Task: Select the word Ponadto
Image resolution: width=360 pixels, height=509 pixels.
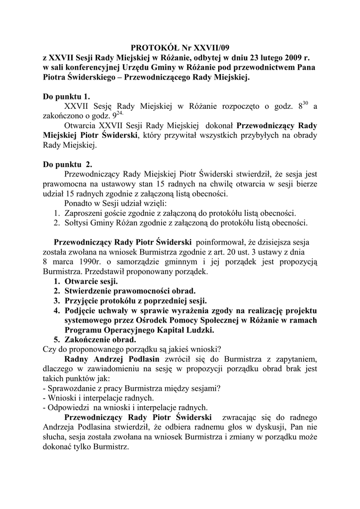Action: pos(79,203)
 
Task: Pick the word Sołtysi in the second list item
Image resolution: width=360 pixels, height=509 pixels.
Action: pos(78,222)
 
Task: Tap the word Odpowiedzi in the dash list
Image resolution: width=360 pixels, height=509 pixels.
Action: pos(68,408)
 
